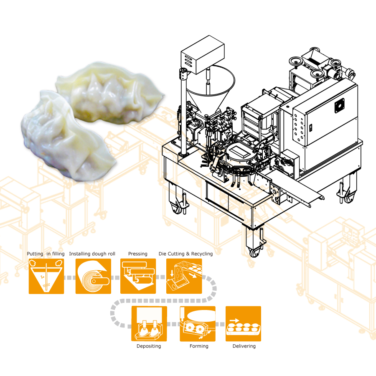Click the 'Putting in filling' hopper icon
(46, 276)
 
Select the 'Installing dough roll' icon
(93, 276)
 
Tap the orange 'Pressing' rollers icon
(138, 276)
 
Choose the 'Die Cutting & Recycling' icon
(184, 276)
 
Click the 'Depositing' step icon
(149, 324)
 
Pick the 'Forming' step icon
(198, 324)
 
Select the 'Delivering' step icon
(244, 324)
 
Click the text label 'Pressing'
(137, 254)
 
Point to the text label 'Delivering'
(244, 346)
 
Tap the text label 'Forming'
(199, 346)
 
